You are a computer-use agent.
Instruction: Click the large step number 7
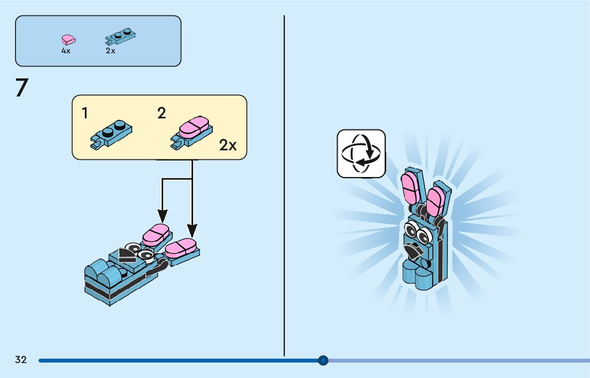pos(21,88)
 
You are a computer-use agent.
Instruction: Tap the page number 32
pos(21,360)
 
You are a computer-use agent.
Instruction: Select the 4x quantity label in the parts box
pos(66,51)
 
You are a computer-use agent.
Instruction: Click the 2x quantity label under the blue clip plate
pos(110,51)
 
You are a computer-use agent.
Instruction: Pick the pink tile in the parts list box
pos(68,39)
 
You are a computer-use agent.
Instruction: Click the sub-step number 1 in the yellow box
pos(85,113)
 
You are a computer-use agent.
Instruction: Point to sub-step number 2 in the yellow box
pos(162,113)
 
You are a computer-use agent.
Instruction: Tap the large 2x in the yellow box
pos(228,145)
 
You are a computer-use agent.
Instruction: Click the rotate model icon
pos(361,154)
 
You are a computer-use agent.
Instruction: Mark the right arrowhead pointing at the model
pos(192,230)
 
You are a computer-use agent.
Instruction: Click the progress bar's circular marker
pos(323,360)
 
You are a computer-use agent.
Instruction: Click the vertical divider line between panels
pos(284,187)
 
